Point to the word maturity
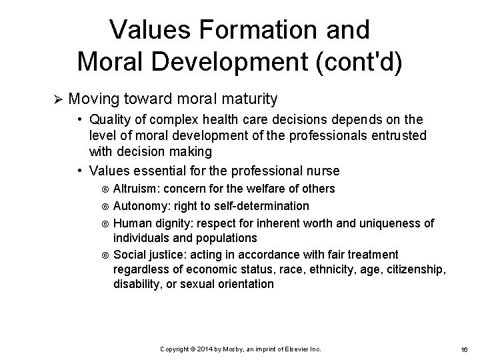tap(244, 100)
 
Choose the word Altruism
tap(135, 189)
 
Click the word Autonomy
tap(141, 206)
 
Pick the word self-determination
tap(261, 206)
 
